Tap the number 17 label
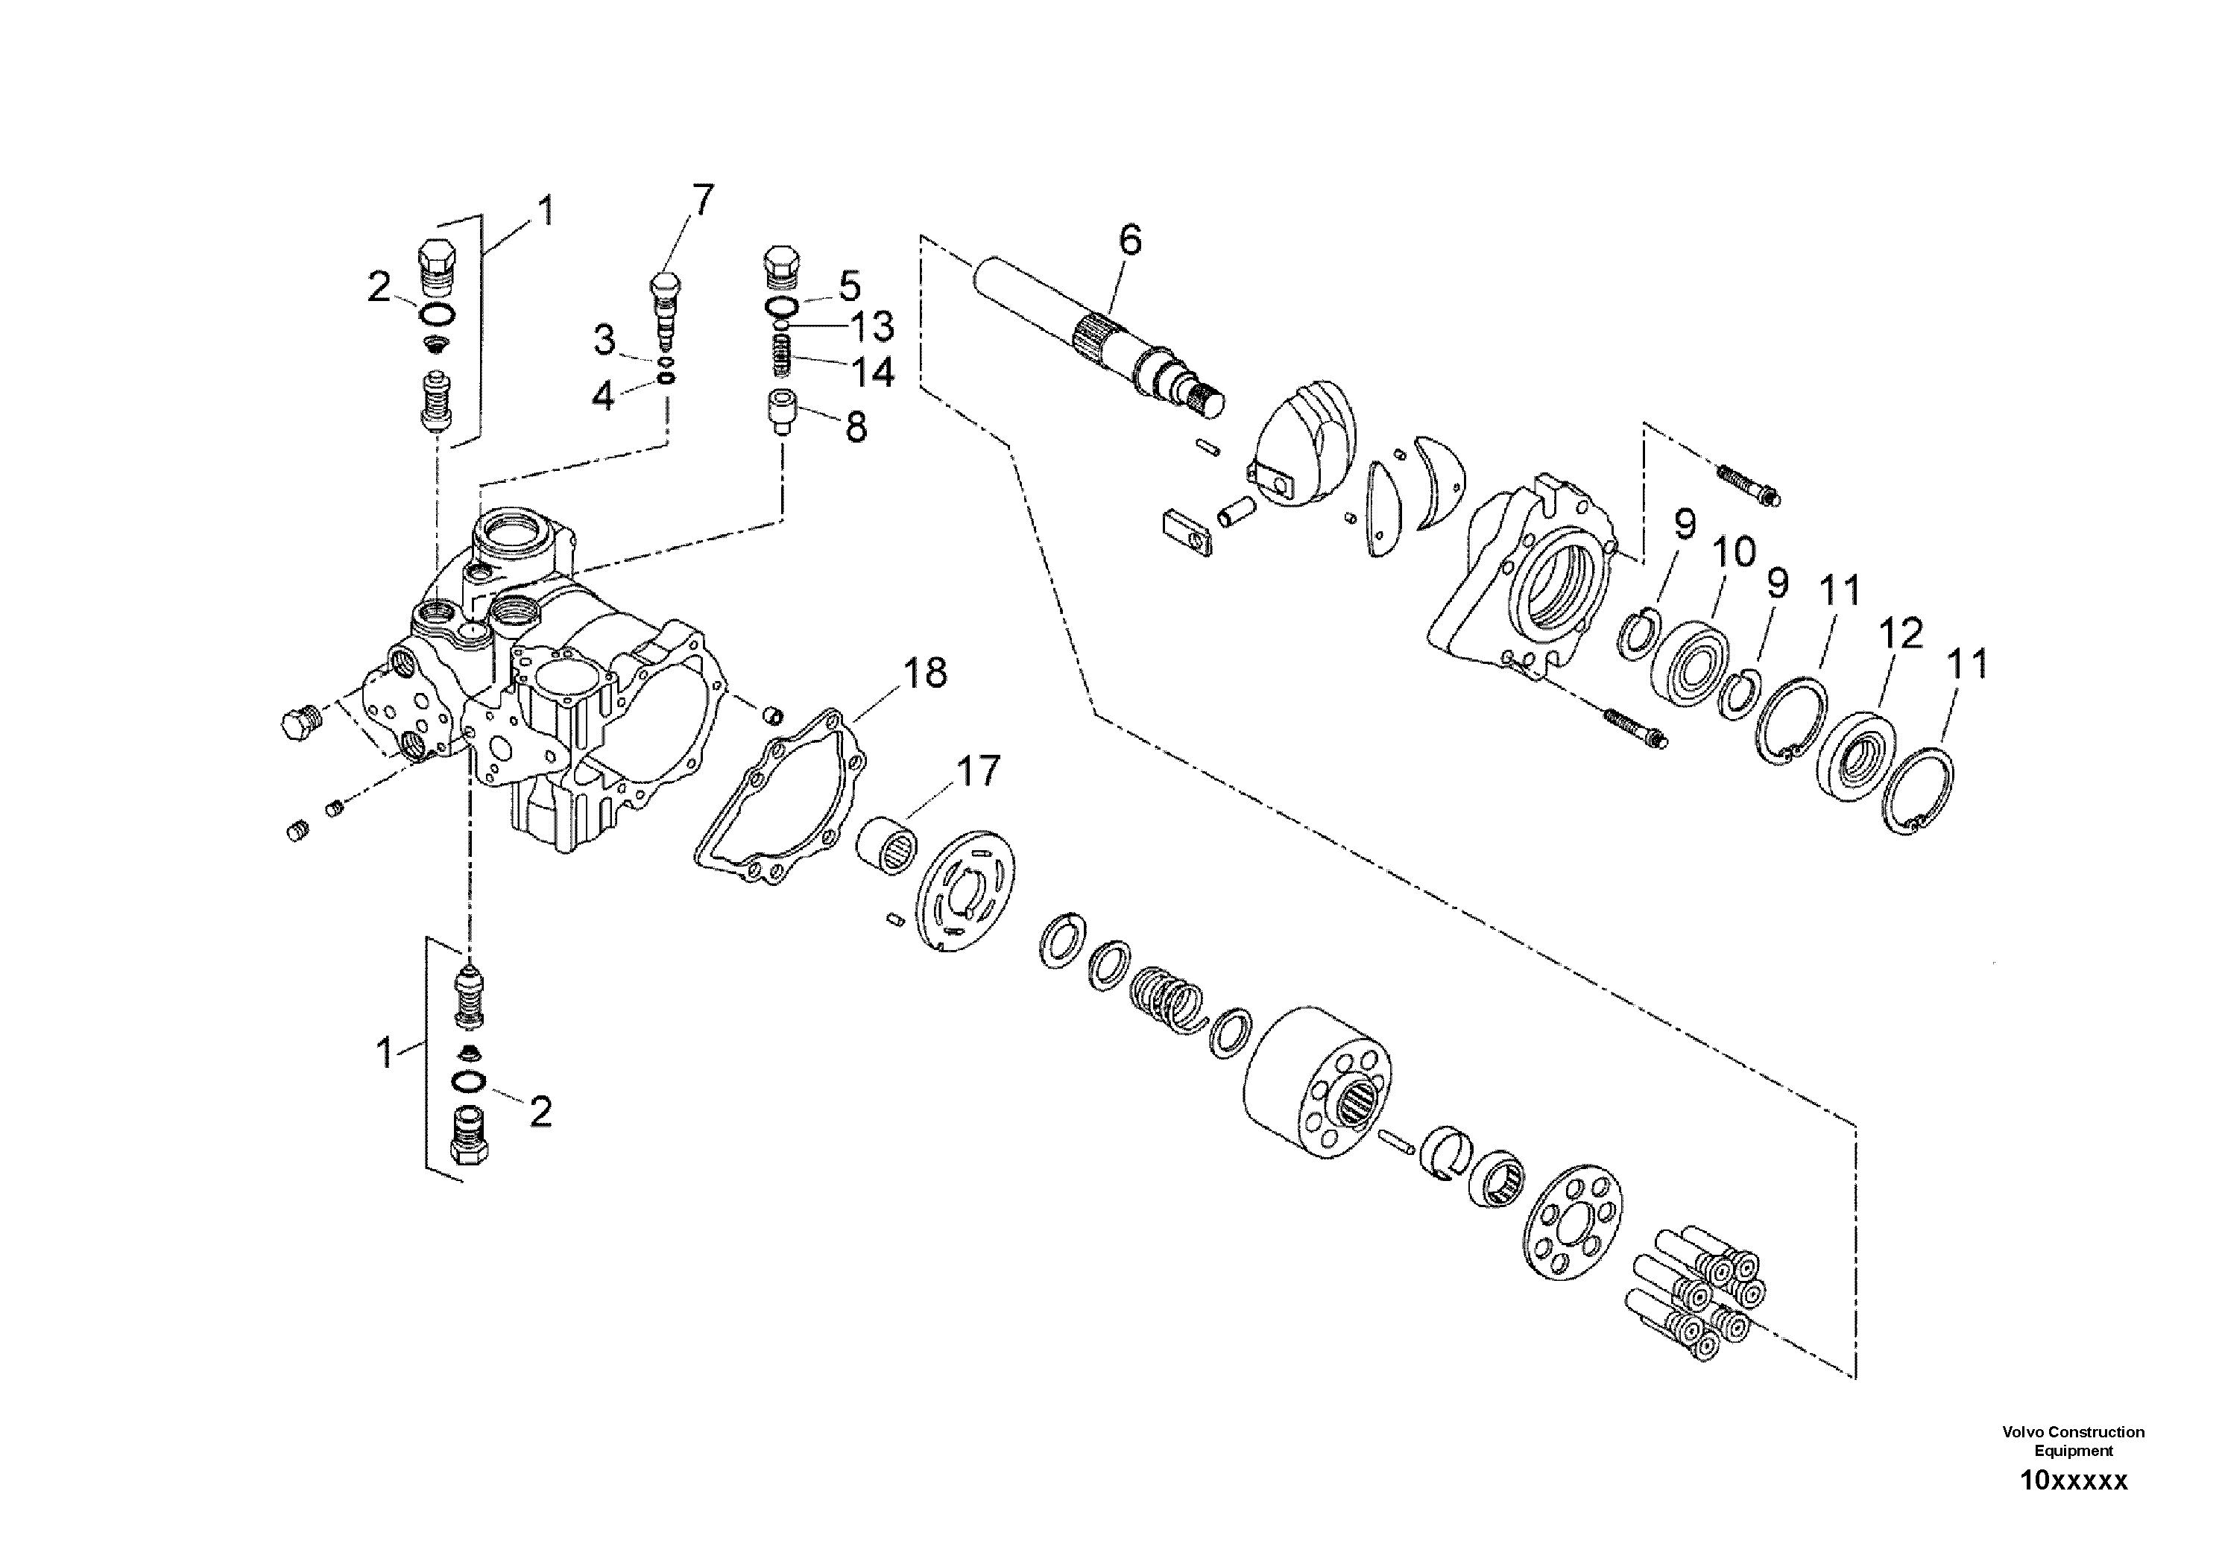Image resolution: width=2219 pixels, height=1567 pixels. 977,771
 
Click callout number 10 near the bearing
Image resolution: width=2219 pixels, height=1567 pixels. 1734,553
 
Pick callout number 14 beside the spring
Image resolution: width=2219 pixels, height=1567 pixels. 872,372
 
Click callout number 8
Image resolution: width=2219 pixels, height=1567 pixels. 856,426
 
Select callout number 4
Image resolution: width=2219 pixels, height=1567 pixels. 603,395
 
